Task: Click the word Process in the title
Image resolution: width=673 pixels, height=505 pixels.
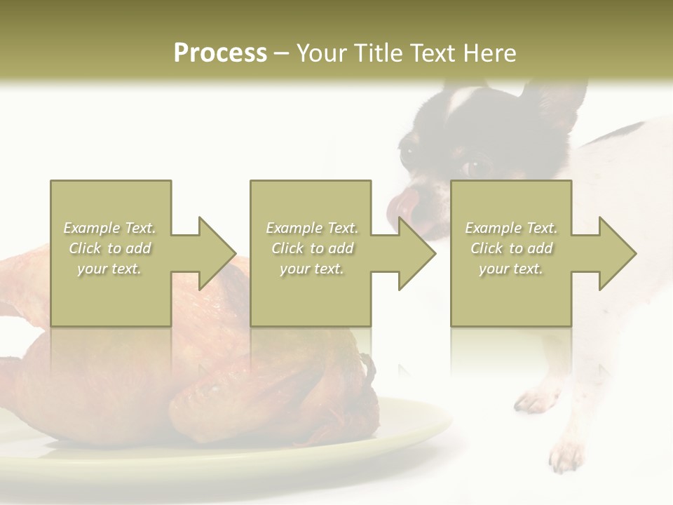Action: click(x=220, y=53)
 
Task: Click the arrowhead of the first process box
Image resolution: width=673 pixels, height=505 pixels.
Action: click(x=217, y=253)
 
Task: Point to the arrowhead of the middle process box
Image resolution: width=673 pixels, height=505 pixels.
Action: click(x=417, y=253)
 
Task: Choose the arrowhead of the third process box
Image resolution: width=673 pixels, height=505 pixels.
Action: click(x=618, y=253)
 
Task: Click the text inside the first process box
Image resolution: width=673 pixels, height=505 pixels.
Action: click(x=110, y=248)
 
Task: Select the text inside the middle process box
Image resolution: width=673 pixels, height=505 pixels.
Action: click(x=312, y=248)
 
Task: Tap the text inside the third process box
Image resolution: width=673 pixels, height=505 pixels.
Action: click(x=511, y=248)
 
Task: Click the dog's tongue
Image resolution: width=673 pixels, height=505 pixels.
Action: click(x=403, y=206)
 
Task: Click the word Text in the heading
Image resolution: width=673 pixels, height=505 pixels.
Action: click(x=436, y=53)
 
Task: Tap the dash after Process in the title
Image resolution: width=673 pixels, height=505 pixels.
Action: click(x=282, y=53)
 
